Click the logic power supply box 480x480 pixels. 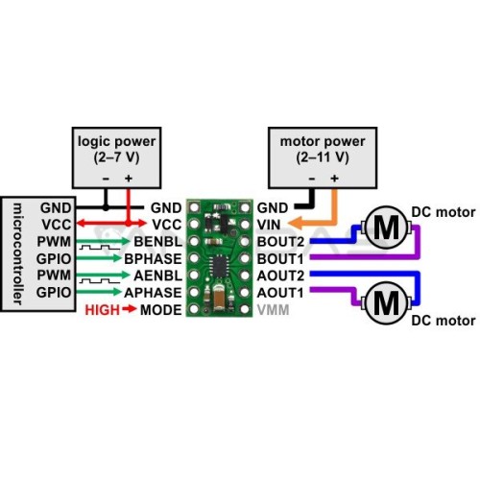tap(116, 157)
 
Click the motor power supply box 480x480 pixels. tap(323, 157)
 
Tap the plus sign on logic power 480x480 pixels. tap(129, 179)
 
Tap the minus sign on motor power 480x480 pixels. tap(312, 179)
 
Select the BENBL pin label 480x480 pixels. tap(157, 242)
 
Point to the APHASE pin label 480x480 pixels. tap(153, 293)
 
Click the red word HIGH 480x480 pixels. tap(103, 310)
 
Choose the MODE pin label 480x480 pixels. tap(161, 310)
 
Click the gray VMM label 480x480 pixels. tap(274, 310)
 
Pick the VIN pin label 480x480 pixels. tap(269, 225)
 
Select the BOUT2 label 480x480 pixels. tap(280, 242)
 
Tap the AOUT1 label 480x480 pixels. tap(280, 293)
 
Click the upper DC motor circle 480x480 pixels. tap(386, 228)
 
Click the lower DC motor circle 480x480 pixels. tap(386, 302)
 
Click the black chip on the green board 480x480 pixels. tap(219, 266)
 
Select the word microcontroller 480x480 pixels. tap(17, 253)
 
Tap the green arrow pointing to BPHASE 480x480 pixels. tap(99, 258)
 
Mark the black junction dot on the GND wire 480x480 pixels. tap(106, 208)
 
